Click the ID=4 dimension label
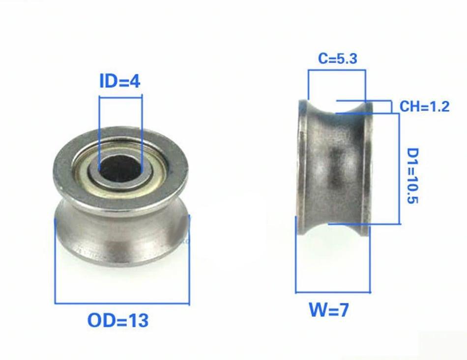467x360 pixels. tap(120, 81)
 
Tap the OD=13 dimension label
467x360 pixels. tap(118, 321)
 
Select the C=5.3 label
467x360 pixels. tap(337, 58)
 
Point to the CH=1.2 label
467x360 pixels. tap(424, 106)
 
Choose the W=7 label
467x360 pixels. tap(328, 310)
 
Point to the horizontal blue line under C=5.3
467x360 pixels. tap(337, 70)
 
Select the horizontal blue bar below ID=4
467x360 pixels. tap(120, 97)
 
